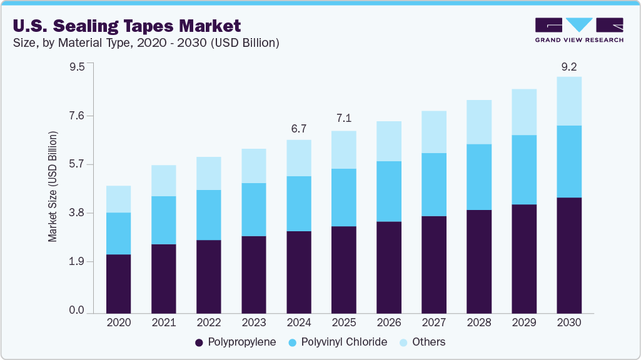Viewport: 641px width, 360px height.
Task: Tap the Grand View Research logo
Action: [579, 30]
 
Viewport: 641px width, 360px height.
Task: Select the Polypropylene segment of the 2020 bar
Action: [118, 284]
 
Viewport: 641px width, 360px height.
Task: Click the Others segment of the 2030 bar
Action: [568, 101]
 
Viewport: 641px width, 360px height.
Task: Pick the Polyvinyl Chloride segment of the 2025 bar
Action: [343, 197]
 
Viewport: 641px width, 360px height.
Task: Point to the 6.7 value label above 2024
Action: [298, 129]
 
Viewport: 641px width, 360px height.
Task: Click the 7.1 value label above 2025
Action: [343, 119]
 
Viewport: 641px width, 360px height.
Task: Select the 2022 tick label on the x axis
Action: [208, 323]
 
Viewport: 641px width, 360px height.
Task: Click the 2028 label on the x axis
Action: [478, 323]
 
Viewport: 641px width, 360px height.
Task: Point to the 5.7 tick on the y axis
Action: [76, 164]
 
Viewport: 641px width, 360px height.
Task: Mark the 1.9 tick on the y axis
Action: [76, 262]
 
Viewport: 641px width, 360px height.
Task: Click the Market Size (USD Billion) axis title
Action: [53, 187]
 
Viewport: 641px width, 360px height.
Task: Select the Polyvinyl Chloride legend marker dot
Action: [292, 342]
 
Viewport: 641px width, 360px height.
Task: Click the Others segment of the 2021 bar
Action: [163, 181]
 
